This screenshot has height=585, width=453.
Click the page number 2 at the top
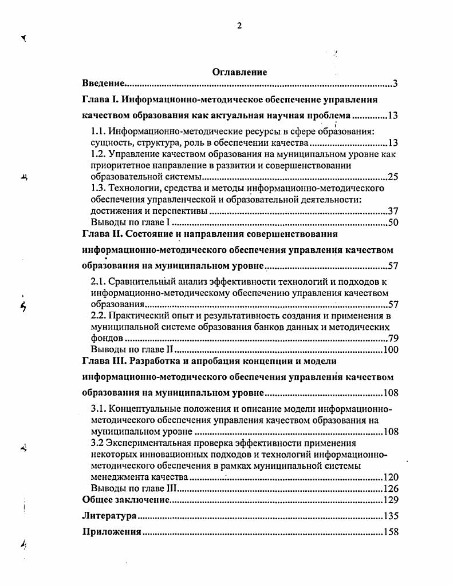pos(239,25)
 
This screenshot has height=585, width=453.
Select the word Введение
pos(103,84)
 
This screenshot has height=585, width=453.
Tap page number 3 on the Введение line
pos(395,85)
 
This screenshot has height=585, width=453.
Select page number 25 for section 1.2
pos(393,177)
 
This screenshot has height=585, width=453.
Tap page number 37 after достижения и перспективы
pos(393,211)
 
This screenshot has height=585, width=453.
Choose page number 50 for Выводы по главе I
pos(393,222)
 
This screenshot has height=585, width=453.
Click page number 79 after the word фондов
pos(393,338)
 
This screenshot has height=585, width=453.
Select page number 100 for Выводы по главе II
pos(391,349)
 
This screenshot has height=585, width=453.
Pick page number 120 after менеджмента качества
pos(391,477)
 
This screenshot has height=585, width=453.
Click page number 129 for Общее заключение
pos(391,500)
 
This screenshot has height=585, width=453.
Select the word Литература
pos(109,516)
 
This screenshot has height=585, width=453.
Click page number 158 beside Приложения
pos(391,532)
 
